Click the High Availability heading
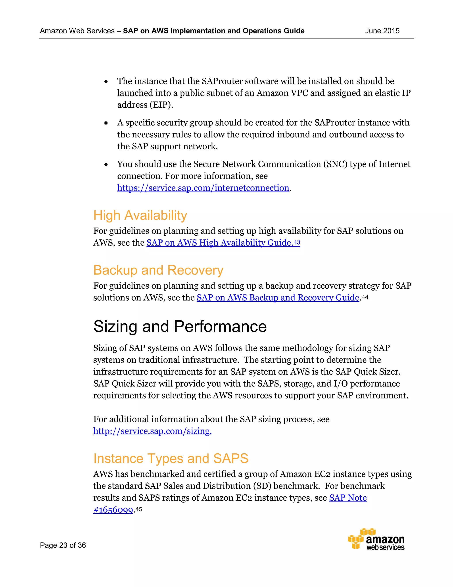tap(140, 216)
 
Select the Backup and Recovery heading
tap(158, 270)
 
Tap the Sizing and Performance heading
tap(180, 327)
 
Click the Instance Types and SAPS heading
tap(171, 459)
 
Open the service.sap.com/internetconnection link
tap(203, 188)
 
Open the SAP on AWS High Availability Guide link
tap(219, 243)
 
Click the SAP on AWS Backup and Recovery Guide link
tap(278, 297)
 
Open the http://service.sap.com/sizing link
tap(152, 431)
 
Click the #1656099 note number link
tap(113, 510)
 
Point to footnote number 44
tap(365, 297)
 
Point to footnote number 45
tap(138, 509)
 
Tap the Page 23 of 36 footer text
tap(63, 545)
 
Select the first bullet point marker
tap(106, 82)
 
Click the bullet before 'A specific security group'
tap(106, 123)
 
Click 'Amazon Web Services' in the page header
tap(77, 31)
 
